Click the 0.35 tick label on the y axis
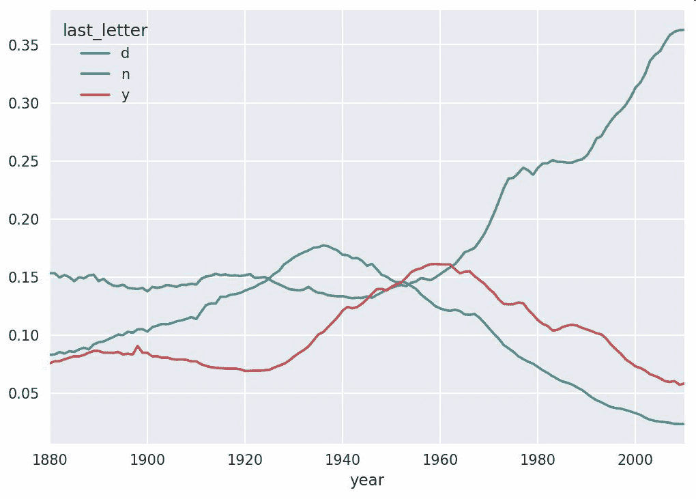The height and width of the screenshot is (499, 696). [x=23, y=45]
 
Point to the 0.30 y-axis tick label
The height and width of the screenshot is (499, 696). [x=23, y=103]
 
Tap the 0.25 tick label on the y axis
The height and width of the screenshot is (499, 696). [x=23, y=161]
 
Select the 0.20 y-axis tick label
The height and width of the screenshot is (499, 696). [x=23, y=219]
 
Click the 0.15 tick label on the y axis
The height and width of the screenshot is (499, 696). [x=23, y=277]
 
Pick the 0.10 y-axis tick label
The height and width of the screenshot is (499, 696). [x=23, y=335]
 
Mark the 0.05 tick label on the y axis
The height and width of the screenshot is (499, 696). [x=23, y=393]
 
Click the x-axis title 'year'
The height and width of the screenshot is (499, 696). [x=367, y=481]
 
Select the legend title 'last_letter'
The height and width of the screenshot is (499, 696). [x=105, y=30]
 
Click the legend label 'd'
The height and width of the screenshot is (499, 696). [x=125, y=53]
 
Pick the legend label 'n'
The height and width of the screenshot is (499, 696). [x=125, y=74]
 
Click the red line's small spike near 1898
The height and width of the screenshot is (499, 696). [x=138, y=346]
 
